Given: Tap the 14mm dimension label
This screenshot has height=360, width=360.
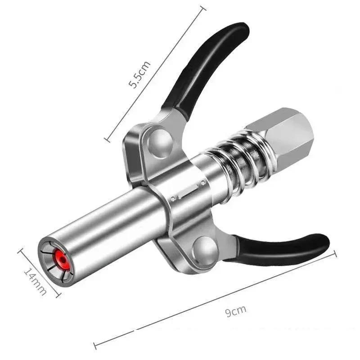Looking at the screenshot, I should (35, 281).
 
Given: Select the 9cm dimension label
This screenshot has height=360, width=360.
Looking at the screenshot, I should (236, 311).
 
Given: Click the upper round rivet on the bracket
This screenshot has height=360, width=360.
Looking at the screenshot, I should (160, 140).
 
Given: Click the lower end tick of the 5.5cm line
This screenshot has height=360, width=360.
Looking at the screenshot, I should (108, 140).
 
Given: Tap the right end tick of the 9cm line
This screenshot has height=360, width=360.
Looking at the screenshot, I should (335, 255).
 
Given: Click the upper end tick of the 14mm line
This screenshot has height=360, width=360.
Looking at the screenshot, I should (20, 251).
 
